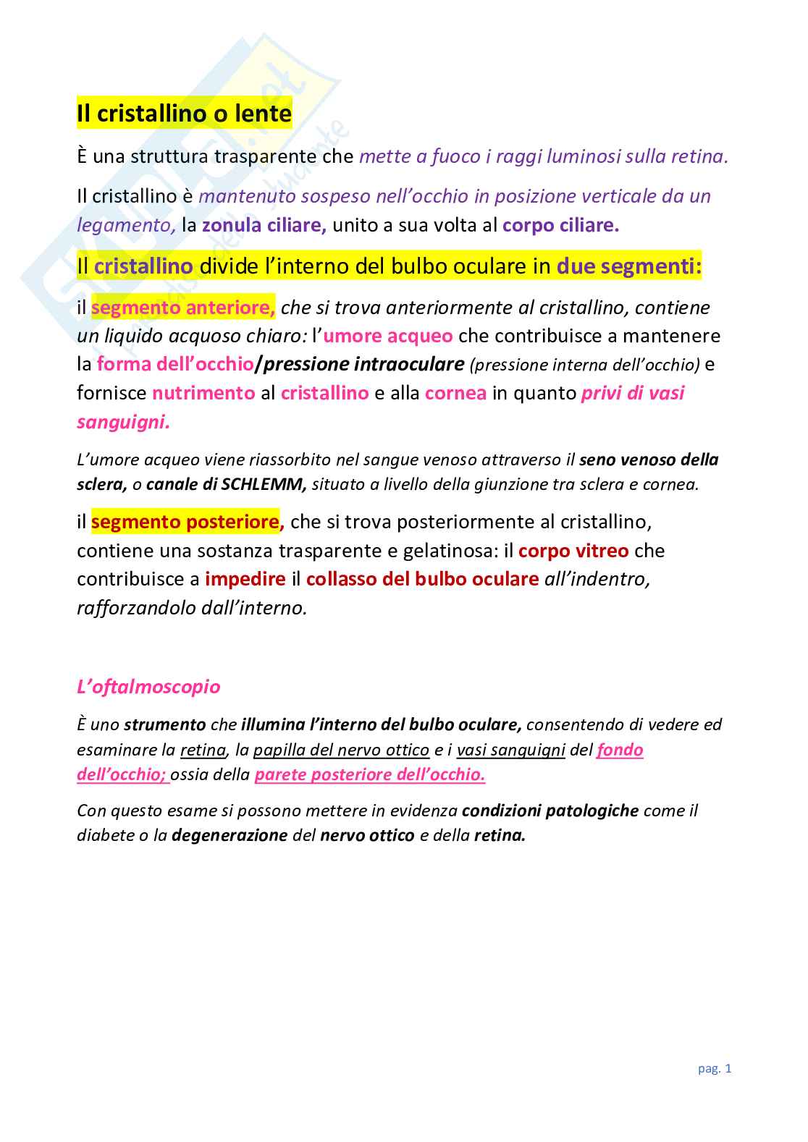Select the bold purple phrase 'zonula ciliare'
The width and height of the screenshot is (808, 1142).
tap(263, 225)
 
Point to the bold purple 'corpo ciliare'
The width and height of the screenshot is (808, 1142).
tap(560, 225)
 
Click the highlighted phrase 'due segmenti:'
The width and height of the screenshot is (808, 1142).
tap(628, 266)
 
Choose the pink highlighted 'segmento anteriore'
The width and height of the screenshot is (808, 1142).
tap(182, 308)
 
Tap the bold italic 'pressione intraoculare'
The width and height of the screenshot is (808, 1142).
tap(363, 364)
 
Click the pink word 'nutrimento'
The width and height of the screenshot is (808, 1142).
tap(203, 393)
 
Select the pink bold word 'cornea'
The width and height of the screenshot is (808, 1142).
tap(455, 393)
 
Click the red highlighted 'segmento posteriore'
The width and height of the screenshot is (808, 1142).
tap(185, 522)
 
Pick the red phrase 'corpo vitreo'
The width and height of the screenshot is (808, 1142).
tap(573, 551)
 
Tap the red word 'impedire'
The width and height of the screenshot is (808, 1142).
tap(245, 579)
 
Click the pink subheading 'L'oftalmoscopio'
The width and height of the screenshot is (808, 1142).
tap(148, 686)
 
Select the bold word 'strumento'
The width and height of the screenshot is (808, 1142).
tap(165, 724)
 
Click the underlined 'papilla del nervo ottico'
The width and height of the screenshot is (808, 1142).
tap(341, 750)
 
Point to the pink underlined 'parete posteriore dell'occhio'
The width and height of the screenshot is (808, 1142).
tap(369, 774)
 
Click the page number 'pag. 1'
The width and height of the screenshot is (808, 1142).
tap(715, 1068)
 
